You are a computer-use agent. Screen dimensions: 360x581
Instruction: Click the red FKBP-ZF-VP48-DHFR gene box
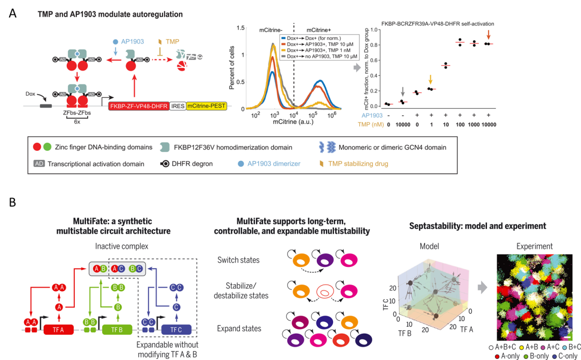point(138,107)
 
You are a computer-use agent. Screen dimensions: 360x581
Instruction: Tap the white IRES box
point(178,107)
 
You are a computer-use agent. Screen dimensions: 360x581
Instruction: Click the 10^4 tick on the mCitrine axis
point(294,114)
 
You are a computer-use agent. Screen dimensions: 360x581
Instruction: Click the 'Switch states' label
point(238,260)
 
